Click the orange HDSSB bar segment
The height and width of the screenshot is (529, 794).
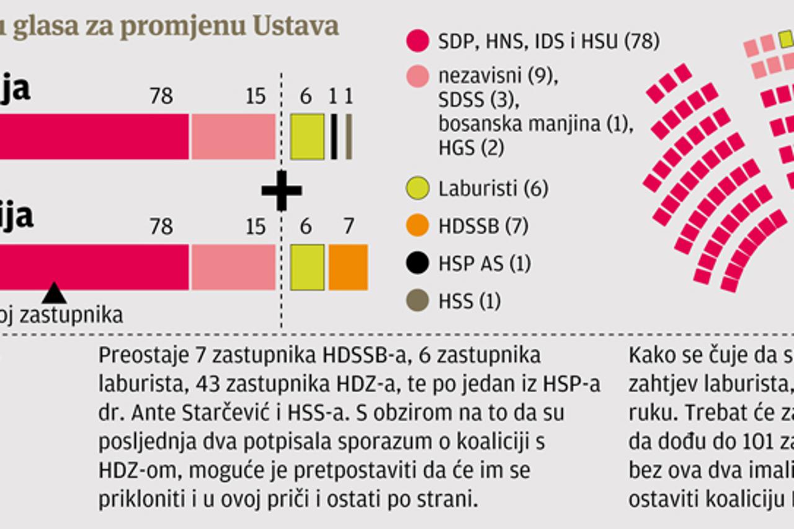coord(348,267)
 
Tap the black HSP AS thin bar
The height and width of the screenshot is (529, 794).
coord(334,136)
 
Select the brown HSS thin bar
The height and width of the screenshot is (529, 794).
coord(349,136)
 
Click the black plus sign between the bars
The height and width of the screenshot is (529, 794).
coord(282,190)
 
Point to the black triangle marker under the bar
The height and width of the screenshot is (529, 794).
coord(54,293)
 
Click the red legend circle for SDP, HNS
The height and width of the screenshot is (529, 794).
coord(417,41)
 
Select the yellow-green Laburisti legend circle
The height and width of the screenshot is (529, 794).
coord(417,189)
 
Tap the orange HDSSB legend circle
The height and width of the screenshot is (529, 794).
coord(417,226)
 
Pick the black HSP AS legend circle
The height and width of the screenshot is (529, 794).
coord(417,264)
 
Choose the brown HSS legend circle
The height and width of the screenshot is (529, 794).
coord(417,301)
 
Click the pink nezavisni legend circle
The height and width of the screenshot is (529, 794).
coord(417,76)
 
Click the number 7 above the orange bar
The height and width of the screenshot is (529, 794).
coord(349,226)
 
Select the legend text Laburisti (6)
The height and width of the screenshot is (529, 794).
coord(493,189)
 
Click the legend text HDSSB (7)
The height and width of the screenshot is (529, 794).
coord(483,226)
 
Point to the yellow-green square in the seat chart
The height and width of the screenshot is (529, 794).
coord(787,40)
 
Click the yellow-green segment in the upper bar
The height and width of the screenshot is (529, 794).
coord(307,136)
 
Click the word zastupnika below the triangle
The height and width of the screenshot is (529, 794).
coord(71,315)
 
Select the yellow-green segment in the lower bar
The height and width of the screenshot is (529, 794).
coord(307,267)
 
